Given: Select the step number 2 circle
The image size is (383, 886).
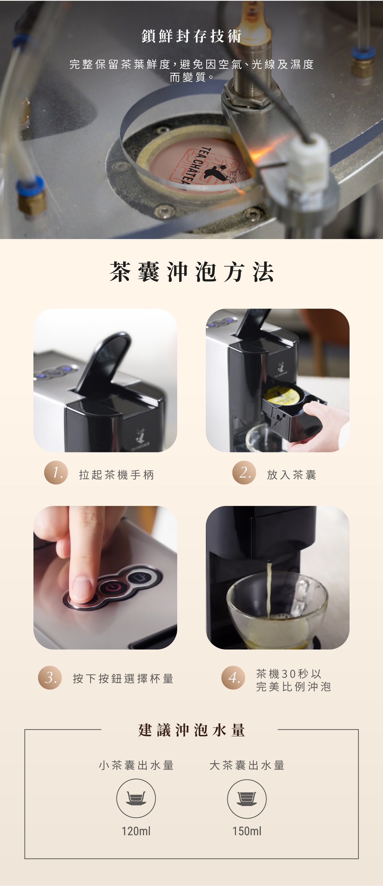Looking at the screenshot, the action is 244,472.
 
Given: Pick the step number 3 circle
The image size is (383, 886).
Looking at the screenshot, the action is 50,678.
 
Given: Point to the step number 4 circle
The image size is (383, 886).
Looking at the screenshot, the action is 233,678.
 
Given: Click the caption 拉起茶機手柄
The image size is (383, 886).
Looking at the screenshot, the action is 117,475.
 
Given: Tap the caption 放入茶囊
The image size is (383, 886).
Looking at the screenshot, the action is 292,475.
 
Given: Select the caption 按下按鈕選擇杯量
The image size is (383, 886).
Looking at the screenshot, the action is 123,678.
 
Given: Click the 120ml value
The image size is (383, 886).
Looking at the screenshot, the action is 136,831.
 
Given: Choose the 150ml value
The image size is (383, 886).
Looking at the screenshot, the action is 247,831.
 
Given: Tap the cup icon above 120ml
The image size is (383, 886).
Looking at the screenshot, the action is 136,798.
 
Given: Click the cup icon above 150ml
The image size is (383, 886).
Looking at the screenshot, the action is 247,798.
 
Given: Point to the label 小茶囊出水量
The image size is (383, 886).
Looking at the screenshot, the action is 136,765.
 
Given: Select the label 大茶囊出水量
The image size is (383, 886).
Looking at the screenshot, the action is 247,765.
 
